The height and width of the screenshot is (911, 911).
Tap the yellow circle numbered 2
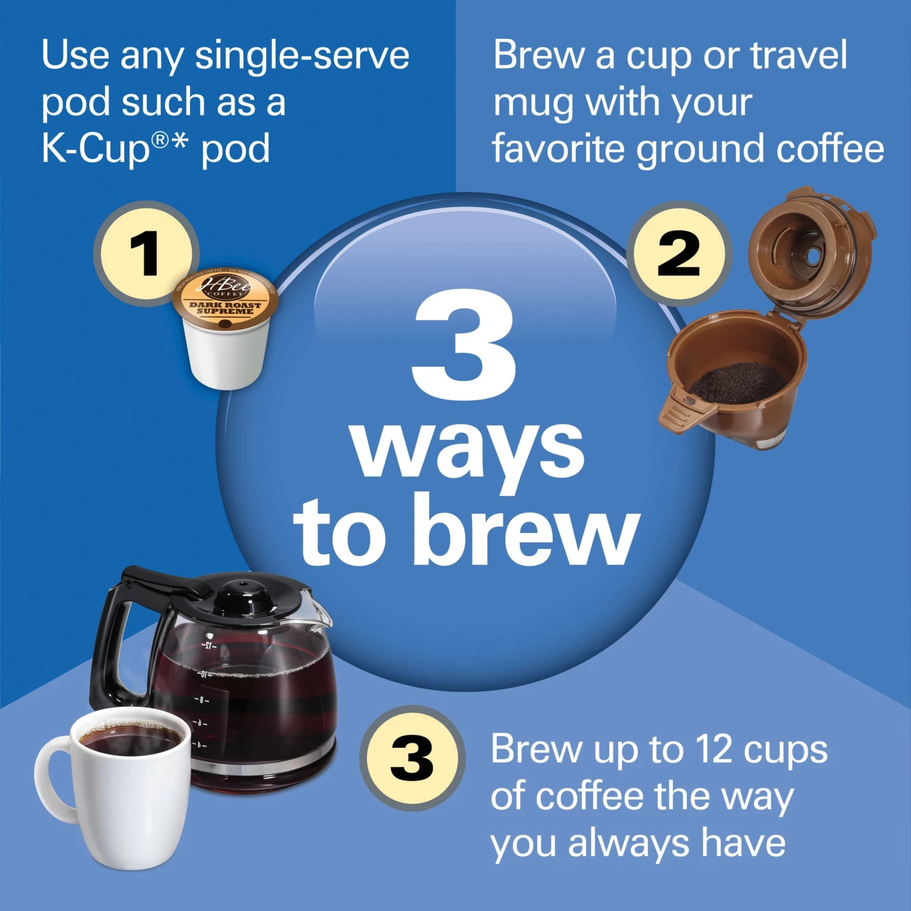678,253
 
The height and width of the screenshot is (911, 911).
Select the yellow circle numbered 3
412,758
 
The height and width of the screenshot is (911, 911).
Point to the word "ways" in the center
468,449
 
